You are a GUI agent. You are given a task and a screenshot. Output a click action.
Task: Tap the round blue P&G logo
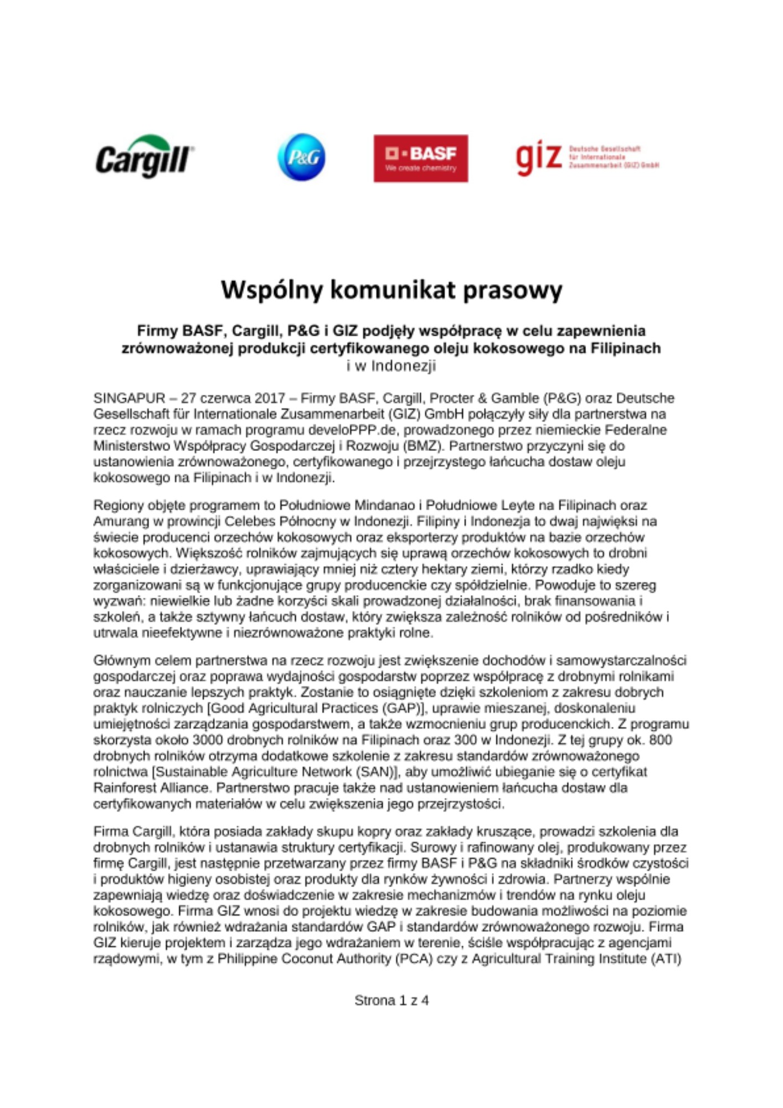click(301, 157)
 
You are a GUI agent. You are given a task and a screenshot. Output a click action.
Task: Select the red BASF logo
click(420, 158)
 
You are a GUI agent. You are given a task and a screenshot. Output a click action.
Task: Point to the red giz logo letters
click(538, 158)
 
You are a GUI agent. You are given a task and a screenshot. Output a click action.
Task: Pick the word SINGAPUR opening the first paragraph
click(129, 398)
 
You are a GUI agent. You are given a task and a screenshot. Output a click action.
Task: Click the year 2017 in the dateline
click(270, 398)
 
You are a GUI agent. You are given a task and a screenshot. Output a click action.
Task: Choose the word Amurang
click(119, 521)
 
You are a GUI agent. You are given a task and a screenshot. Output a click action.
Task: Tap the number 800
click(661, 740)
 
